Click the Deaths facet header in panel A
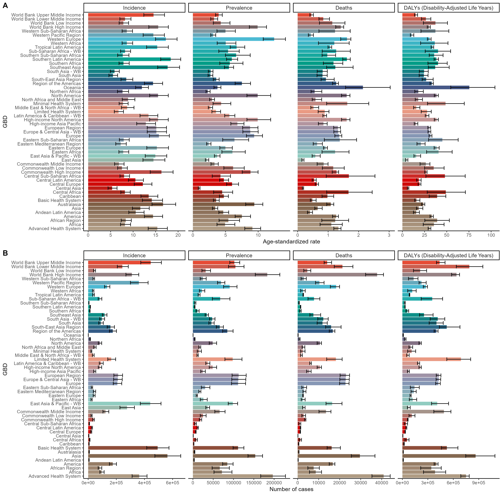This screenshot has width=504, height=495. tap(344, 8)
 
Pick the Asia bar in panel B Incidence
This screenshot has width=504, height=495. tap(128, 456)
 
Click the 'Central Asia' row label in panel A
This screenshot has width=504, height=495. tap(68, 188)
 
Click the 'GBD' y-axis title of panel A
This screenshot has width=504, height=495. tap(5, 122)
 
